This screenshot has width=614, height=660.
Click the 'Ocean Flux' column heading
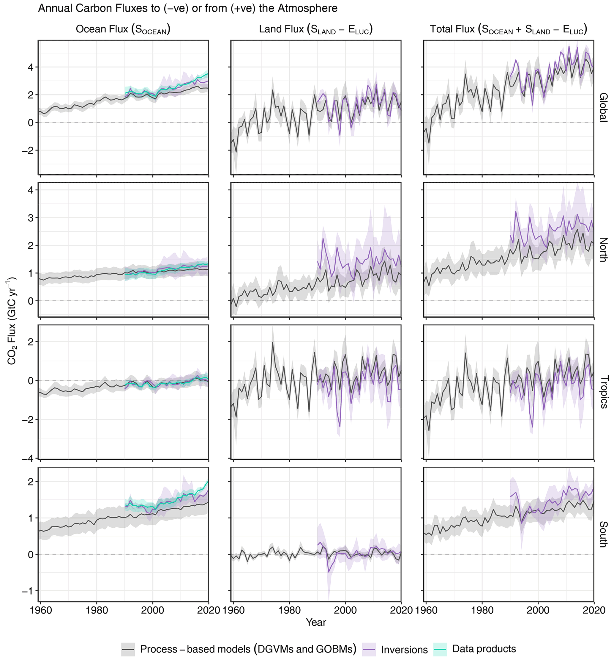pos(123,29)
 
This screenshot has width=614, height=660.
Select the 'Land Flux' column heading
pos(316,29)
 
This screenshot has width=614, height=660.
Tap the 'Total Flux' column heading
pos(508,29)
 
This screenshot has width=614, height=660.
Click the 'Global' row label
pos(603,107)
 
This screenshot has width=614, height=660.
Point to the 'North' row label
pos(603,249)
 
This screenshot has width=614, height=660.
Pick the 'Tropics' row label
pos(603,392)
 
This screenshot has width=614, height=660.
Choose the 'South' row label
pos(603,534)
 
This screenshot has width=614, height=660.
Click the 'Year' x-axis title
pos(316,622)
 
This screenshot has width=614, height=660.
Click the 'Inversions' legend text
pos(404,649)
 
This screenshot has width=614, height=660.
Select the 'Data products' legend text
pos(484,649)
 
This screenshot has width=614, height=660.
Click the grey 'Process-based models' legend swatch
pos(128,649)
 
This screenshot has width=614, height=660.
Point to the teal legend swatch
pos(440,649)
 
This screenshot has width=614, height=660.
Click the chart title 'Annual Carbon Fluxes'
pos(188,8)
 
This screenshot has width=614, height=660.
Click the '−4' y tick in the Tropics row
pos(28,458)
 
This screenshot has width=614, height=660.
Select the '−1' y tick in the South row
pos(28,591)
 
